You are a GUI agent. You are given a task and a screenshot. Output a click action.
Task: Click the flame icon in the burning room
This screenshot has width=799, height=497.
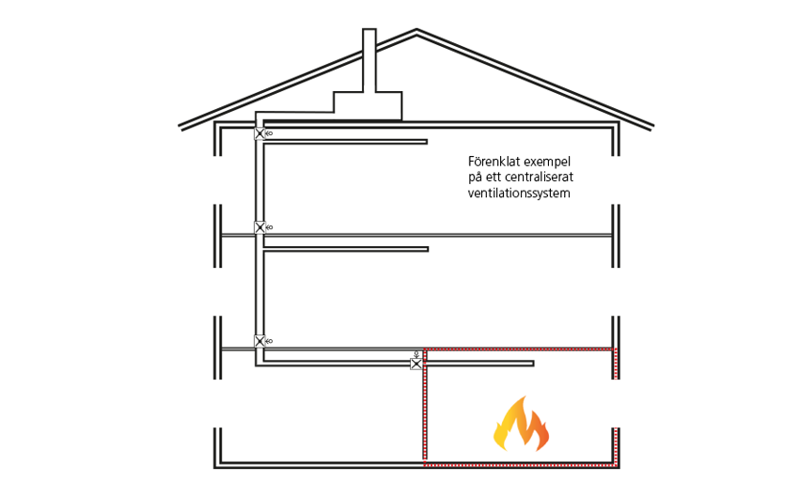[522, 424]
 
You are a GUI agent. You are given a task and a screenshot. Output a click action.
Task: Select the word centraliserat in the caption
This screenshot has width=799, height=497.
[542, 178]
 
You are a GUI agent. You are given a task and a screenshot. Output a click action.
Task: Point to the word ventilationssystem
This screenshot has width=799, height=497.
[520, 194]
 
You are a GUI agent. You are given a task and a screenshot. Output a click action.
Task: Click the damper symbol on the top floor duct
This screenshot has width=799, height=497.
[259, 133]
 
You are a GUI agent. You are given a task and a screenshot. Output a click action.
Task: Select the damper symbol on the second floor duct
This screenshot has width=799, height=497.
[259, 227]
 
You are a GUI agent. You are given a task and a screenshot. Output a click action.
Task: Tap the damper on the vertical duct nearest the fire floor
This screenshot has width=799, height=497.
[259, 341]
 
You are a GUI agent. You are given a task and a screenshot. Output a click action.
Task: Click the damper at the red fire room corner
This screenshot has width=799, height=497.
[416, 363]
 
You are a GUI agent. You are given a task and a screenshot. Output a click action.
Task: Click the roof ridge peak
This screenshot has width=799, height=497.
[416, 32]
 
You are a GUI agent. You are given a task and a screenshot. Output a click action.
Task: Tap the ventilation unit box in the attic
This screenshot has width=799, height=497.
[368, 105]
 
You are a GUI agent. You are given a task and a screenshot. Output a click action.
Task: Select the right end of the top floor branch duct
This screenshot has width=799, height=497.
[427, 142]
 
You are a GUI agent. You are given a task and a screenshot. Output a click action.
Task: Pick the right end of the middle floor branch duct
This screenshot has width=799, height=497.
[427, 249]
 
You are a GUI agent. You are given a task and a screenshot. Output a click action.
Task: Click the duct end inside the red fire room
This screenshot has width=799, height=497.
[533, 364]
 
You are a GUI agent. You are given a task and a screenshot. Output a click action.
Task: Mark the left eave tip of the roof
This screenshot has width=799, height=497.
[181, 125]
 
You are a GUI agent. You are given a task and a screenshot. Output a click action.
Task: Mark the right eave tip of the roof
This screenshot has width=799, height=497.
[651, 125]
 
